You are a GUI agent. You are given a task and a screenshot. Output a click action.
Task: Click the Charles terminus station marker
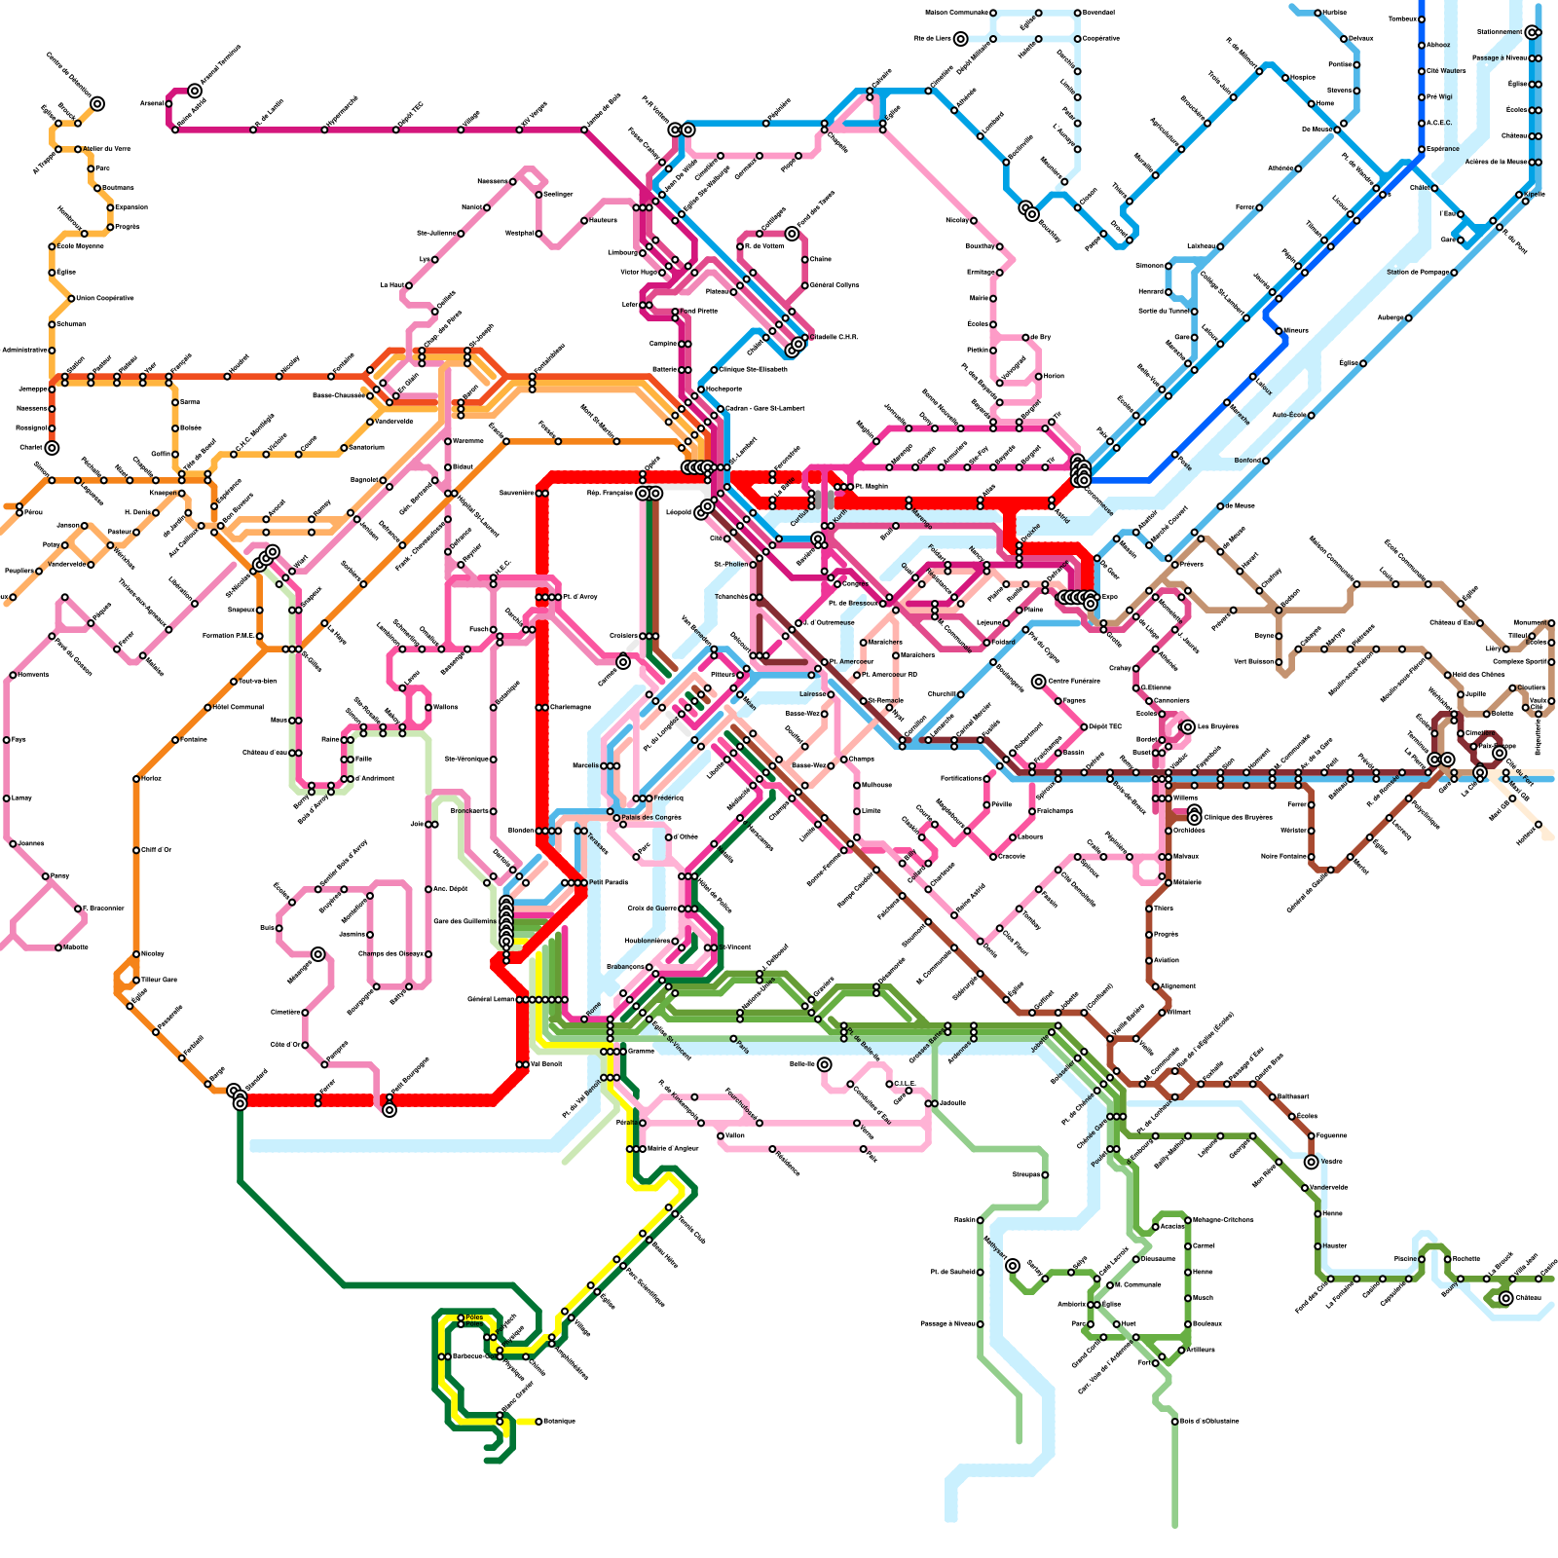52,448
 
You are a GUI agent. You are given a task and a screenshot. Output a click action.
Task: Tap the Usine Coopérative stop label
105,298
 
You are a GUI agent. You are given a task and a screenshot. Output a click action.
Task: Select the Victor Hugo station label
639,273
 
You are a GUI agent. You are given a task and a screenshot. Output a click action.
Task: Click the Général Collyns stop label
835,285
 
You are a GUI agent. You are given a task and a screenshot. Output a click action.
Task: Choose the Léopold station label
678,511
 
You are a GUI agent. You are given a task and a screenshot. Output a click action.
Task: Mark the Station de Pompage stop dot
1454,273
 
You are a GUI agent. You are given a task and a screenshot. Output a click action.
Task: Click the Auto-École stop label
1288,415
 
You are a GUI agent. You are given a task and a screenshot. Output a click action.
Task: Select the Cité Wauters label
1446,70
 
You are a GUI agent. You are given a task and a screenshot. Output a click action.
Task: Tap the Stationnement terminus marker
1533,32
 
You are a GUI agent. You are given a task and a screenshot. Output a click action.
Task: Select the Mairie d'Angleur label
673,1149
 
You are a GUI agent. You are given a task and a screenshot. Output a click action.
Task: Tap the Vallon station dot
721,1135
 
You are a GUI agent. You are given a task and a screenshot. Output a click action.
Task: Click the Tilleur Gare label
160,980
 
